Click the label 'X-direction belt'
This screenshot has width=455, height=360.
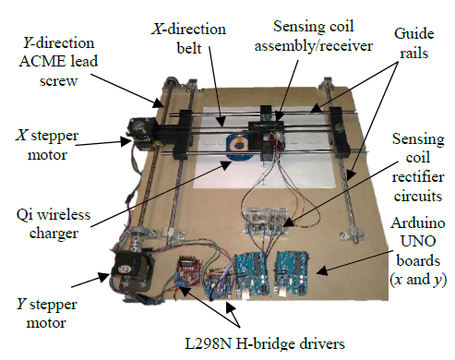188,39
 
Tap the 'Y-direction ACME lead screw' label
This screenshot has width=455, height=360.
58,62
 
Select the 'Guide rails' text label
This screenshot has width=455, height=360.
414,43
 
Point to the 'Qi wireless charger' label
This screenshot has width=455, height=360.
54,223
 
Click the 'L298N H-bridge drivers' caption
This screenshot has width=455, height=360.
265,343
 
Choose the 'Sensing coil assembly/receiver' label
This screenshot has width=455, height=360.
314,36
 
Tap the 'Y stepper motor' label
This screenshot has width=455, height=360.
46,313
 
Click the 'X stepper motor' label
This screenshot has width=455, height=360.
47,145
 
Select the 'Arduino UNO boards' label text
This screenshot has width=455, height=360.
418,251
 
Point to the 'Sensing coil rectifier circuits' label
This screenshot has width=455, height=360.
418,167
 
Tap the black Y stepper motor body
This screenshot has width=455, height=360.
131,270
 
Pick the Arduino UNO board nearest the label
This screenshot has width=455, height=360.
292,273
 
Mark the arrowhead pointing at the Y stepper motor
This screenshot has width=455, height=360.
103,277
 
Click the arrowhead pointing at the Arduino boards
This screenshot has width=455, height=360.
322,270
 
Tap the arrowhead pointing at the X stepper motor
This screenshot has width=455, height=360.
126,141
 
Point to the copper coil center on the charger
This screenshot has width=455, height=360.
239,144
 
